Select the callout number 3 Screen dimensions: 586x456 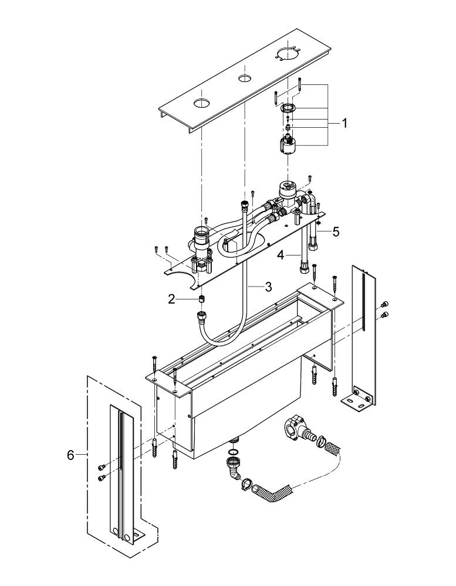point(268,287)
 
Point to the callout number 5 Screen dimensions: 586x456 point(335,231)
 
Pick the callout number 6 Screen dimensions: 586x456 point(71,454)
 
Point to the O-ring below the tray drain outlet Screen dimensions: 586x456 point(233,452)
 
